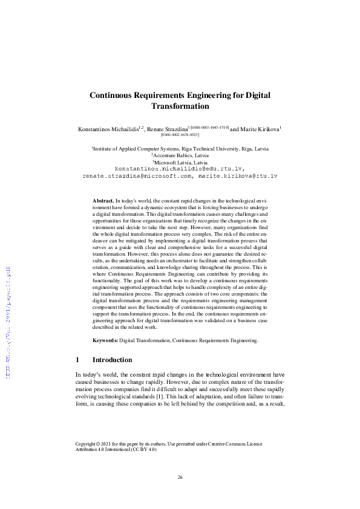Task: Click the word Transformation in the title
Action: [180, 106]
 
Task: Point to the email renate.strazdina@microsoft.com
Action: [152, 175]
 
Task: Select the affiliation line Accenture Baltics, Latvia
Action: [180, 155]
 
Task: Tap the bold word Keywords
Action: [105, 341]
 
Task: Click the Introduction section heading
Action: [117, 360]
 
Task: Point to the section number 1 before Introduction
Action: [77, 360]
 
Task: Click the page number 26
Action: [180, 478]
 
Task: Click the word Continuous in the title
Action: [117, 95]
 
